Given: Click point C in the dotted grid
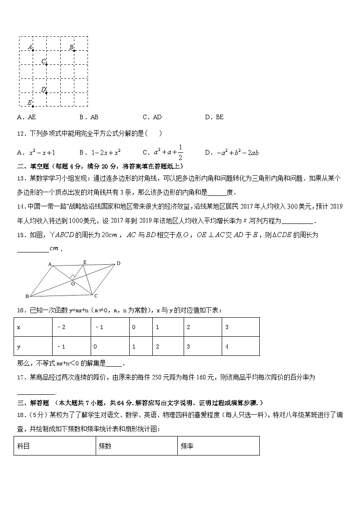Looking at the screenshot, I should click(46, 64).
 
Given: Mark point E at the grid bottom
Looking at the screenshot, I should click(33, 106).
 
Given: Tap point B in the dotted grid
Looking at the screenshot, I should click(74, 50).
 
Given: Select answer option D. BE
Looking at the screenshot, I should click(214, 117).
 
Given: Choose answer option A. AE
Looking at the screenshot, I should click(26, 117).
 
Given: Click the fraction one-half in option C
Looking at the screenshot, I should click(180, 152).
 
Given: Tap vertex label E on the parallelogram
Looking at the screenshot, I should click(84, 262).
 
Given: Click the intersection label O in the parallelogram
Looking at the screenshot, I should click(72, 284).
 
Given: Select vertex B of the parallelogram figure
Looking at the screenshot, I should click(27, 296).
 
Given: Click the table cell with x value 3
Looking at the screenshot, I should click(240, 327).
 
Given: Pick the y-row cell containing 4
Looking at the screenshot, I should click(240, 346).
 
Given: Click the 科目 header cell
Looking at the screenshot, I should click(54, 446).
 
